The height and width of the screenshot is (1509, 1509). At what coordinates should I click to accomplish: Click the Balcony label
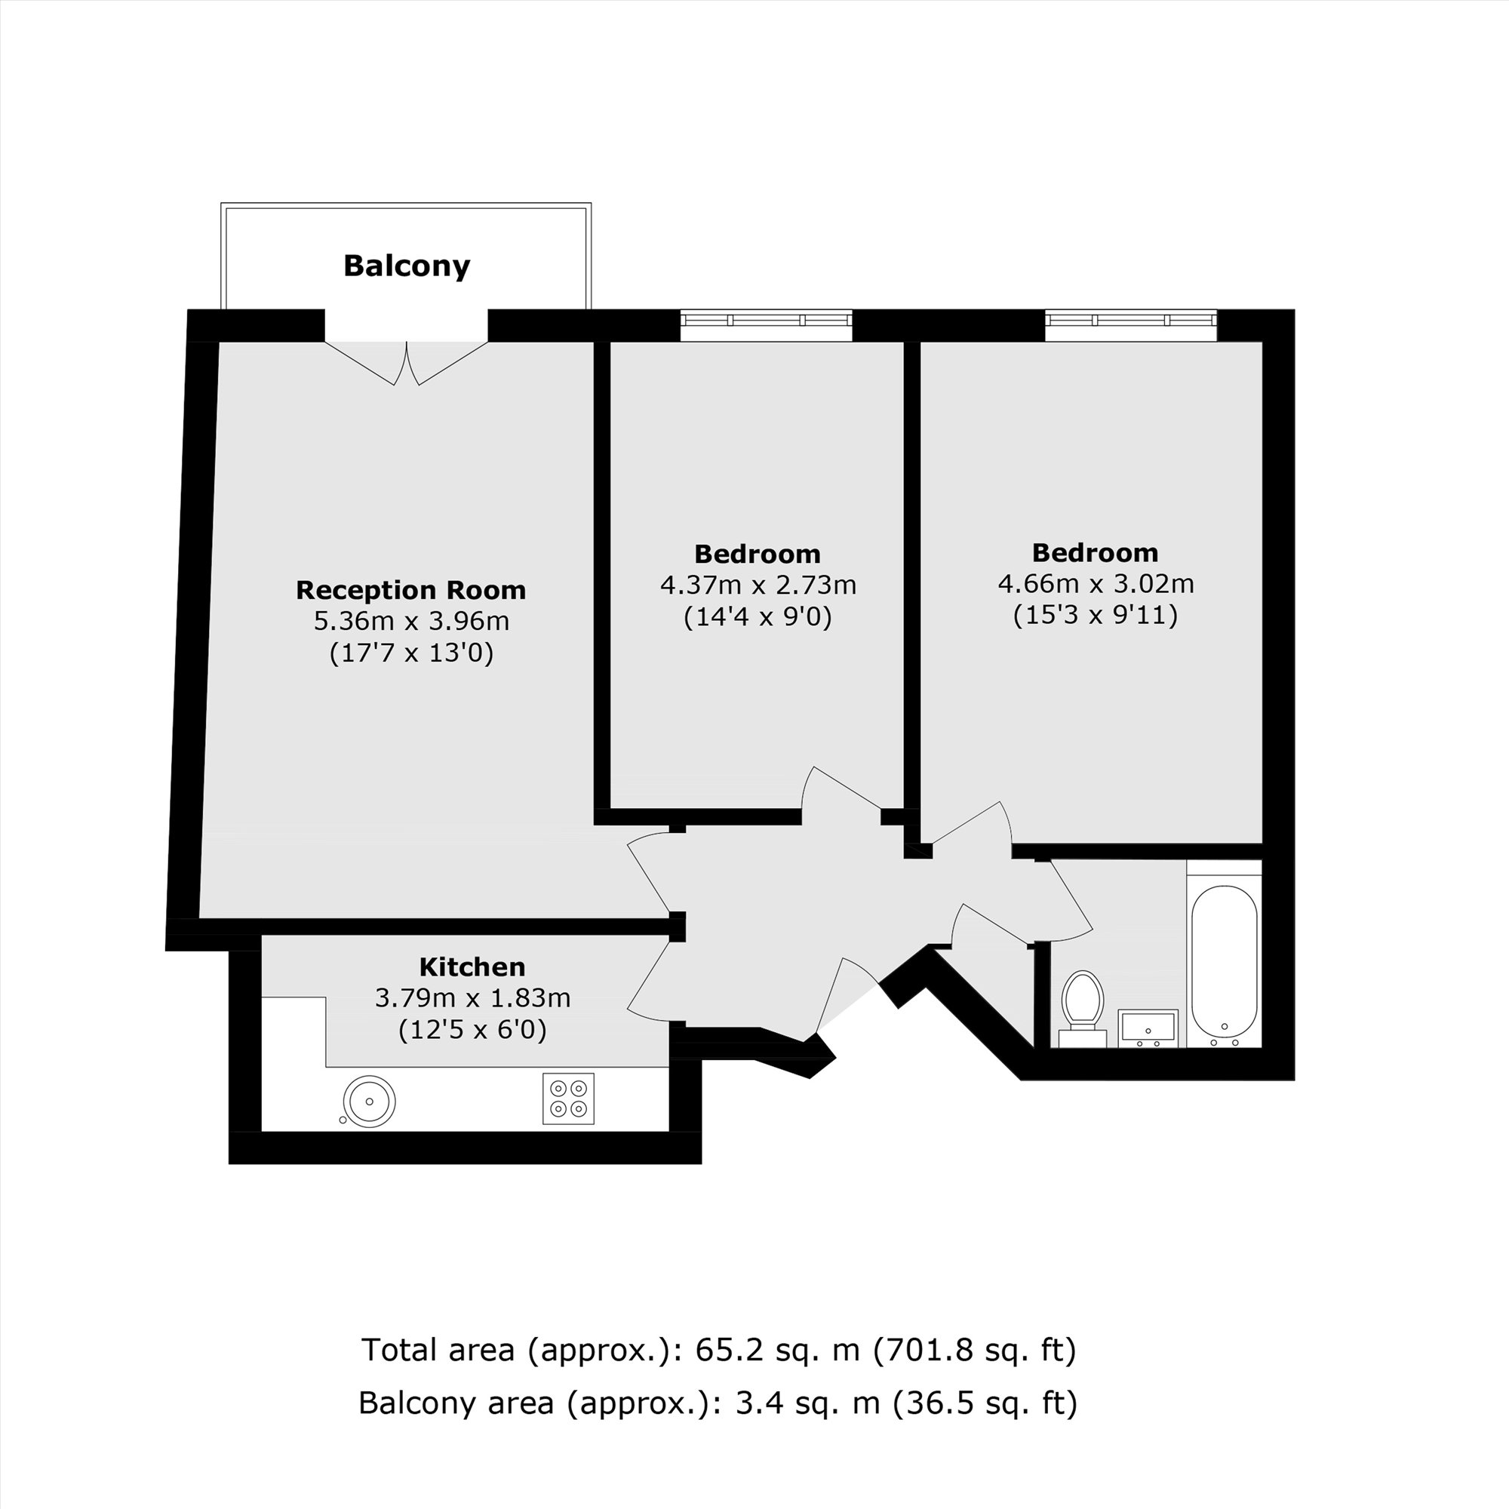click(407, 266)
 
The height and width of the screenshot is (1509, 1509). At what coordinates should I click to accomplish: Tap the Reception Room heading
click(411, 591)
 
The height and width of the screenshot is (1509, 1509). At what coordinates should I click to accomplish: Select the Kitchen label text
click(472, 968)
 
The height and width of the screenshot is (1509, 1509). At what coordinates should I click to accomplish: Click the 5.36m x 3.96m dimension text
click(412, 622)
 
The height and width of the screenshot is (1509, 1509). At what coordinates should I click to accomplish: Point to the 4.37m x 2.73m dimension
click(758, 585)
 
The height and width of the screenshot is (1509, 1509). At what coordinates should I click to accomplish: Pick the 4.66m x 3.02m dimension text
click(1096, 583)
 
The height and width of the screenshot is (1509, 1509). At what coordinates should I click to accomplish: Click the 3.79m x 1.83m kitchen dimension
click(472, 998)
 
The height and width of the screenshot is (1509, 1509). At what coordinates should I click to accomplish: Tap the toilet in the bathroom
click(1082, 1003)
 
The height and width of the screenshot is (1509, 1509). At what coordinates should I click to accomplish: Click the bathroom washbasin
click(1148, 1028)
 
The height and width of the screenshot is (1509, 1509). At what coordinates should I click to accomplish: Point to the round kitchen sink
click(370, 1102)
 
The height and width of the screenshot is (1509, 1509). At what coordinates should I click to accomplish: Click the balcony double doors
click(406, 362)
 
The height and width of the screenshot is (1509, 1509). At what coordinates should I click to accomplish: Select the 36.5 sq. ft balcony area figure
click(985, 1403)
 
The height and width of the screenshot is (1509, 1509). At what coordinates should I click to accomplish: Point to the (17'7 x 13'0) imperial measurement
click(412, 653)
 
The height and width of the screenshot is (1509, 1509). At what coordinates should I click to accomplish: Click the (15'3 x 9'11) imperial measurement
click(1095, 616)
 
